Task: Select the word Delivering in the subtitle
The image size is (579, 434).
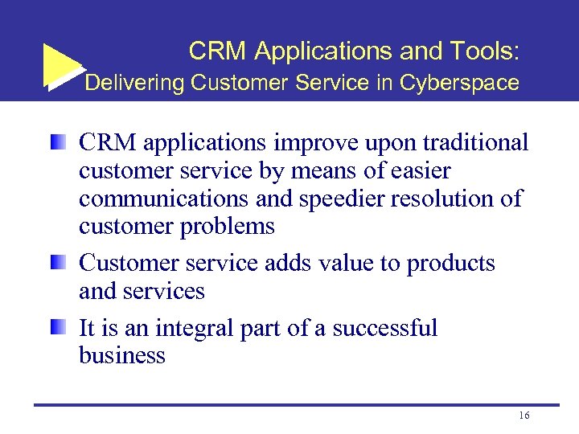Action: (x=135, y=83)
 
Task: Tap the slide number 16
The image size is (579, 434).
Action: (x=524, y=416)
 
